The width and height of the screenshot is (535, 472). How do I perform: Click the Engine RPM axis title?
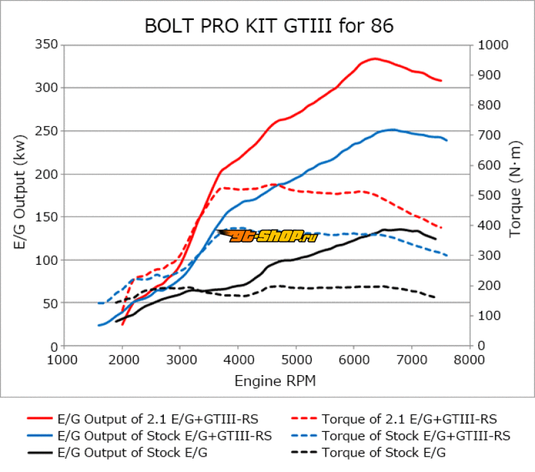275,381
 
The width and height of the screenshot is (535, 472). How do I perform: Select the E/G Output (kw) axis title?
20,195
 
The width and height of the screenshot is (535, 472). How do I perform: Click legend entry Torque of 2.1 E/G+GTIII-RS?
409,419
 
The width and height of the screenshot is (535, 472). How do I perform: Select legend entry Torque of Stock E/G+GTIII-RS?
416,436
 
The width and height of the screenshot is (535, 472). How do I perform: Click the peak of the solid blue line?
393,130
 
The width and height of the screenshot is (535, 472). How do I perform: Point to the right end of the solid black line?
435,239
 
